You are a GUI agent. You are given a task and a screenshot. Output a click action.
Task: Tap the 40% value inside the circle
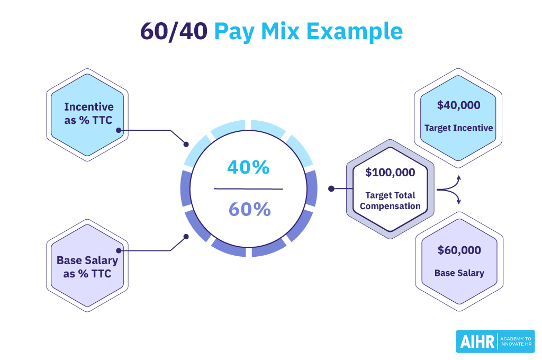[x=248, y=167]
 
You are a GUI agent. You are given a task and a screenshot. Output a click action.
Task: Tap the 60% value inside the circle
[x=249, y=210]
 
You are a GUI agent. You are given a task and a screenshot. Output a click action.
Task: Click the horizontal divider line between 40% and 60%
[x=248, y=188]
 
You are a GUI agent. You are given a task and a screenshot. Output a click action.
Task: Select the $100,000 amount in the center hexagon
[x=390, y=172]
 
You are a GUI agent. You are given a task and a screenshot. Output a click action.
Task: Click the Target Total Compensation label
[x=390, y=201]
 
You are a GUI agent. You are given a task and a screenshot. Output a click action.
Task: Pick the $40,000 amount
[x=458, y=105]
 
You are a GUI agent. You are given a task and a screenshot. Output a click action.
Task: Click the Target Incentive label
[x=458, y=128]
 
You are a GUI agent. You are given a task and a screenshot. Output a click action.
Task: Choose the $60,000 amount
[x=459, y=250]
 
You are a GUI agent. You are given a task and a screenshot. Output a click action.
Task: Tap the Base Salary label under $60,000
[x=459, y=273]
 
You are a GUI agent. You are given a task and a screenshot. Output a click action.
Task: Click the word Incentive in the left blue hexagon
[x=89, y=106]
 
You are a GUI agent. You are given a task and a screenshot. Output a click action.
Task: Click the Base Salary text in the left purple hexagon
[x=87, y=260]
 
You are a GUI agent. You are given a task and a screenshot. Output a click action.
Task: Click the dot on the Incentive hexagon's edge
[x=119, y=130]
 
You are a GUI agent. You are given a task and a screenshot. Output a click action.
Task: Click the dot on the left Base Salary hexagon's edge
[x=119, y=250]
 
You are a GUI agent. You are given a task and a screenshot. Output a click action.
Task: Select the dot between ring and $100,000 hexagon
[x=331, y=188]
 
